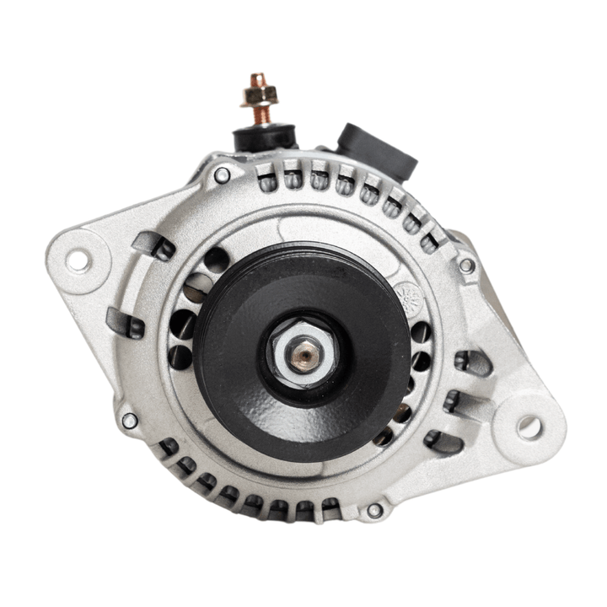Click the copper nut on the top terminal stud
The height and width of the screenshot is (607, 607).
258,92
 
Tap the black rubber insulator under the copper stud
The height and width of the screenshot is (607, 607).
264,136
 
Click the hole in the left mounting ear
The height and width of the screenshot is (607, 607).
78,261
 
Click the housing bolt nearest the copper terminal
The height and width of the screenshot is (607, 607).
222,175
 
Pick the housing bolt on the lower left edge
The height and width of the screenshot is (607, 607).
129,420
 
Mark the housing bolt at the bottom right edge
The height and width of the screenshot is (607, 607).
374,510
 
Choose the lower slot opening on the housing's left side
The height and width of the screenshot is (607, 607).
126,324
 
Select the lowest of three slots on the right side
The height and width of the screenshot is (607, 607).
444,440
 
